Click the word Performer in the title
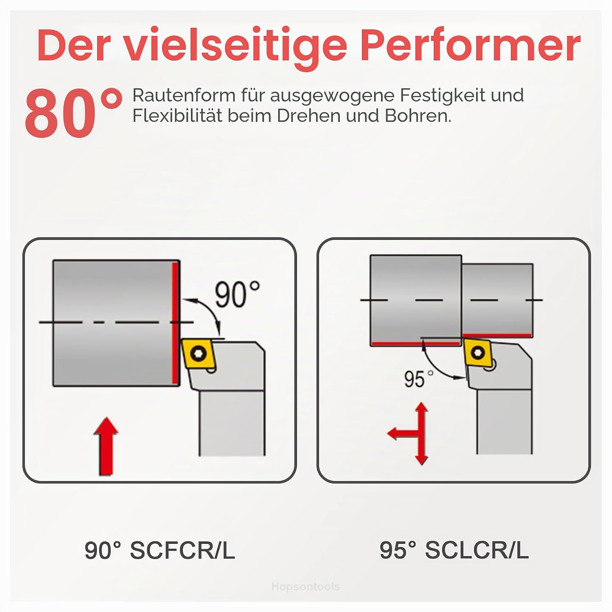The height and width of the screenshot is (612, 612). click(470, 46)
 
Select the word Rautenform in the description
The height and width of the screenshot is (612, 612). click(184, 95)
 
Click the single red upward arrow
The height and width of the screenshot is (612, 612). click(106, 446)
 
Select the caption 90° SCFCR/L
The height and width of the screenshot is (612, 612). click(160, 550)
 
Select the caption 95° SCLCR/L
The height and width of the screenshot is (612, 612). click(454, 550)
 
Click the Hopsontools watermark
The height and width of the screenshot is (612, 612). click(305, 587)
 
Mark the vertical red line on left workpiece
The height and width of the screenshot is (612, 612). click(175, 323)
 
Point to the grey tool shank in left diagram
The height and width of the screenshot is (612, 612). click(231, 422)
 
